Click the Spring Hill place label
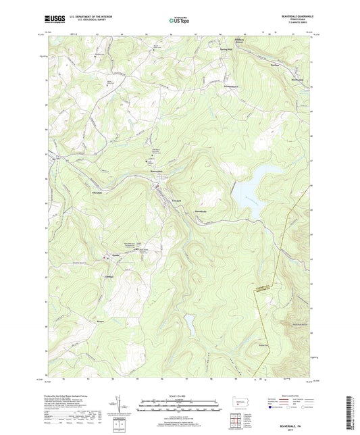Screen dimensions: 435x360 224,49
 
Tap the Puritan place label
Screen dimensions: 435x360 275,66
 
